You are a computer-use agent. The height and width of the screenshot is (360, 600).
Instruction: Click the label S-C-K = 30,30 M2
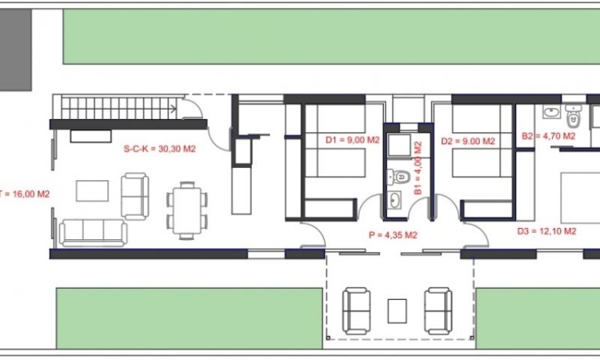[159, 149]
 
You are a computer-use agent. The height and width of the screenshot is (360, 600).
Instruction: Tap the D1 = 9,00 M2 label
[353, 140]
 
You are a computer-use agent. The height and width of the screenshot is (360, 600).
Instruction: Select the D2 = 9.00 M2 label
[468, 141]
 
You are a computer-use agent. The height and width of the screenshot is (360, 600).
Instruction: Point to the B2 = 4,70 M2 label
[548, 136]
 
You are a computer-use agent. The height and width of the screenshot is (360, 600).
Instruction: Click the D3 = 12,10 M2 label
[547, 231]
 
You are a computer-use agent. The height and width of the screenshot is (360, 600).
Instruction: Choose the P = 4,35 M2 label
[393, 235]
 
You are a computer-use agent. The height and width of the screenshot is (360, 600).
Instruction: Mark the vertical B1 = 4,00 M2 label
[418, 168]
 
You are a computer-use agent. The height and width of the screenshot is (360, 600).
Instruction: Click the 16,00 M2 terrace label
[26, 194]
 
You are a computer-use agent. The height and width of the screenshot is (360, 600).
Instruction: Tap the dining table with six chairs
[186, 210]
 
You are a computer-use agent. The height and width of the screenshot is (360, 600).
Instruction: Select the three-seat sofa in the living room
[93, 233]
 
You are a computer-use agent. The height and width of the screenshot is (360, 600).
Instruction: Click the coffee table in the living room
[92, 191]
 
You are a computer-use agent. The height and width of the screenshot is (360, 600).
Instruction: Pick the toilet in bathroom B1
[399, 177]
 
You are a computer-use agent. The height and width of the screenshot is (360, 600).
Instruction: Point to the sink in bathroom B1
[394, 200]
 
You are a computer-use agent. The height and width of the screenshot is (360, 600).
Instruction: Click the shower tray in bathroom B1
[398, 145]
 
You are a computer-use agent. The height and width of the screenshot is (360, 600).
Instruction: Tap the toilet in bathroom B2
[574, 116]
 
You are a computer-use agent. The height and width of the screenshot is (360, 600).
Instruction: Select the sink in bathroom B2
[551, 112]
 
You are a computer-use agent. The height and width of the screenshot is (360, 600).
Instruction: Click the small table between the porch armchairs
[397, 311]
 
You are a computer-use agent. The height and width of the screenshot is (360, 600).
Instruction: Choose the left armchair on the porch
[356, 311]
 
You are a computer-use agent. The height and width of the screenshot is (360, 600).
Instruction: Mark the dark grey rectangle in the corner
[16, 50]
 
